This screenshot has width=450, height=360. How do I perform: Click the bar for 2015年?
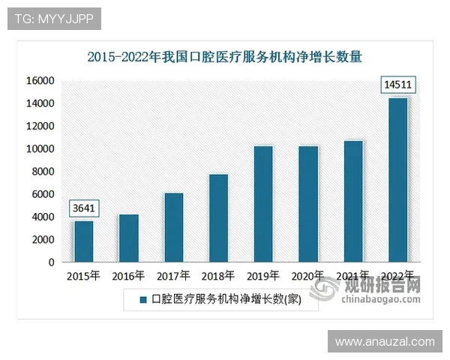(83, 241)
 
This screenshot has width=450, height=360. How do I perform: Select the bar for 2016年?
(128, 238)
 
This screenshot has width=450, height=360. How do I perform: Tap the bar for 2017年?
(173, 228)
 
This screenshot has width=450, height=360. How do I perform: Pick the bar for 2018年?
(218, 218)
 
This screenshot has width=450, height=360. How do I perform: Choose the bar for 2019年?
(263, 204)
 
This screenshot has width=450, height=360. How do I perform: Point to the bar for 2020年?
(308, 204)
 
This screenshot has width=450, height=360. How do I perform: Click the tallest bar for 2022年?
(398, 180)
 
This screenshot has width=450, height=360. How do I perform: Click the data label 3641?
(83, 208)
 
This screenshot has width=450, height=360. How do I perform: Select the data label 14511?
(397, 84)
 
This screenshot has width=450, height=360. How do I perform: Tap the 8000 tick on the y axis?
(44, 172)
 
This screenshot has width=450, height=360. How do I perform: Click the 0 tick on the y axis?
(51, 262)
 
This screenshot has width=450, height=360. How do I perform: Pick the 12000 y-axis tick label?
(41, 126)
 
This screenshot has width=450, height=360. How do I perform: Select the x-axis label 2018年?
(218, 276)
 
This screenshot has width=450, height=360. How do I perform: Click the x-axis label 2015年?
(83, 276)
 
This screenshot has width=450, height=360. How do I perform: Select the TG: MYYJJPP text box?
(54, 19)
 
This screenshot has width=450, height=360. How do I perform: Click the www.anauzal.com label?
(384, 342)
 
